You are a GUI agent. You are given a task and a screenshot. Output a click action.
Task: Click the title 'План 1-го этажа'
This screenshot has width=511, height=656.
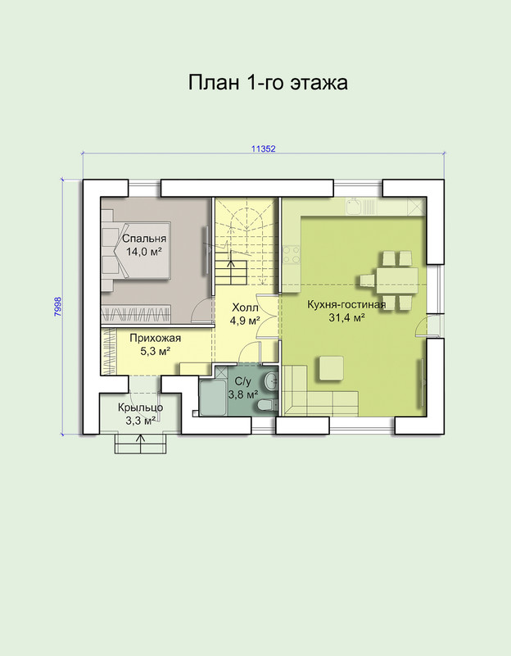point(268,83)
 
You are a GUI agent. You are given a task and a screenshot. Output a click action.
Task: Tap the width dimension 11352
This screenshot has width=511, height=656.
point(263,148)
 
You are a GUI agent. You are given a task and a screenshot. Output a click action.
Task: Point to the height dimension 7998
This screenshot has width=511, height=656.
point(57,307)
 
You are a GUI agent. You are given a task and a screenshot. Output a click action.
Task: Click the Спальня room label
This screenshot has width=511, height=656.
point(144,239)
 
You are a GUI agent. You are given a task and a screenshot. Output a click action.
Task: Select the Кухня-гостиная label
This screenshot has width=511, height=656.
point(346,304)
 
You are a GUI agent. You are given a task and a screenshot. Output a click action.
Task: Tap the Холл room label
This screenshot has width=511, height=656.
point(245,308)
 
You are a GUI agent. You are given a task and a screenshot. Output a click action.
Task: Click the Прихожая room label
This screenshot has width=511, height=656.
point(155,338)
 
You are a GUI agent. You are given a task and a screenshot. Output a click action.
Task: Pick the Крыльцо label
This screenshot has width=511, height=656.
point(140,408)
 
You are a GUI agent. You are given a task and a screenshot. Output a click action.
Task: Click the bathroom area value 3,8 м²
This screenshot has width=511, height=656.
point(242,394)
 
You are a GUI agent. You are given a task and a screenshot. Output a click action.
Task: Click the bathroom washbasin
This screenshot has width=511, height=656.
point(272,380)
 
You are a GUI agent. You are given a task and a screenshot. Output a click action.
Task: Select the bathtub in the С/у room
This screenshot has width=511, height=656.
point(214,398)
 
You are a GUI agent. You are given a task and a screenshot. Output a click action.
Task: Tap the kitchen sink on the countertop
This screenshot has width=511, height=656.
point(354,206)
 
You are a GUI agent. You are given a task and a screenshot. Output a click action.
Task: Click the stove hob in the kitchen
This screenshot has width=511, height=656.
point(292,254)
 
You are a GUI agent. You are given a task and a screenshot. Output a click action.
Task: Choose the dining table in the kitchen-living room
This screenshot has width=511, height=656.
point(397,280)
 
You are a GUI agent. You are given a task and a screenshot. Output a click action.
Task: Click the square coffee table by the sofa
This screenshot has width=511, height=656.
point(332,367)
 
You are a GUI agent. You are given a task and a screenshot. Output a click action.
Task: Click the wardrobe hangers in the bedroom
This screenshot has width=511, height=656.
point(136,312)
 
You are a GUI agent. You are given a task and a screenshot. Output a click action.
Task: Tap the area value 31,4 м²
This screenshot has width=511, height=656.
point(346,318)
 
